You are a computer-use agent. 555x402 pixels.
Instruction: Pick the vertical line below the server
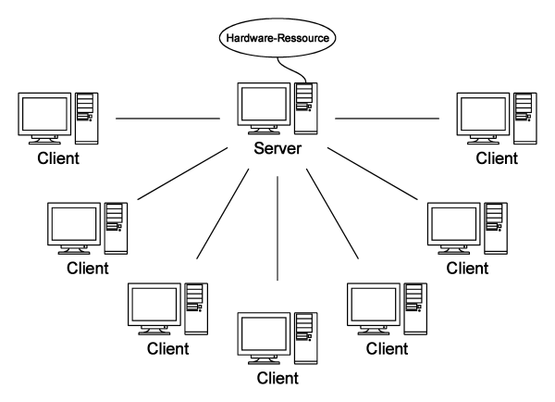pos(277,228)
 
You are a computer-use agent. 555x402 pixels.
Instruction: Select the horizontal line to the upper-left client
pos(166,119)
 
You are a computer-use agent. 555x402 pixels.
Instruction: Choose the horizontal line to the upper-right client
pos(387,119)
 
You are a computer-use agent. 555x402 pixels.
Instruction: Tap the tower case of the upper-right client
pos(525,116)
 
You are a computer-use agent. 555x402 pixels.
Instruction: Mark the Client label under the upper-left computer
pos(60,158)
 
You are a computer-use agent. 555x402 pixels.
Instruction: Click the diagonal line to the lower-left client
pos(222,214)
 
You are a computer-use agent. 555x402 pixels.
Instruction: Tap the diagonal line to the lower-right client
pos(332,214)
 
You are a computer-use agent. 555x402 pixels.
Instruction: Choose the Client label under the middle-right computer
pos(466,268)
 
